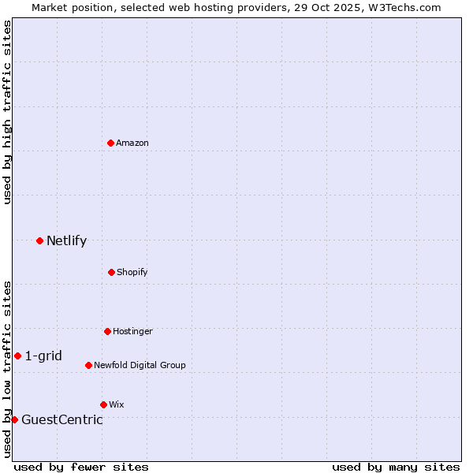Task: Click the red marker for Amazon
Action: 110,143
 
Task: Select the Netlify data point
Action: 39,240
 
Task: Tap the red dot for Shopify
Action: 111,272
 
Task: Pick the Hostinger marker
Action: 107,331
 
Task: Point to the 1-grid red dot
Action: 17,356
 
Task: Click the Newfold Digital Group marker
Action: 88,365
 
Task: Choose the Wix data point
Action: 103,404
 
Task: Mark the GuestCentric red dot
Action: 14,419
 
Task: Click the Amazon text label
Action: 132,143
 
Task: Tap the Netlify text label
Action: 66,240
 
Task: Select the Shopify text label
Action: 132,272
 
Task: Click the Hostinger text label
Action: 132,331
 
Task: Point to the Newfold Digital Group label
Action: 140,365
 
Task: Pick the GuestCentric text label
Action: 61,419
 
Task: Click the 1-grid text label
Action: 43,356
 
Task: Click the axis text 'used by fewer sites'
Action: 81,467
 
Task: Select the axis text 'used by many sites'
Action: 396,467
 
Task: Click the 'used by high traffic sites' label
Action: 7,112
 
